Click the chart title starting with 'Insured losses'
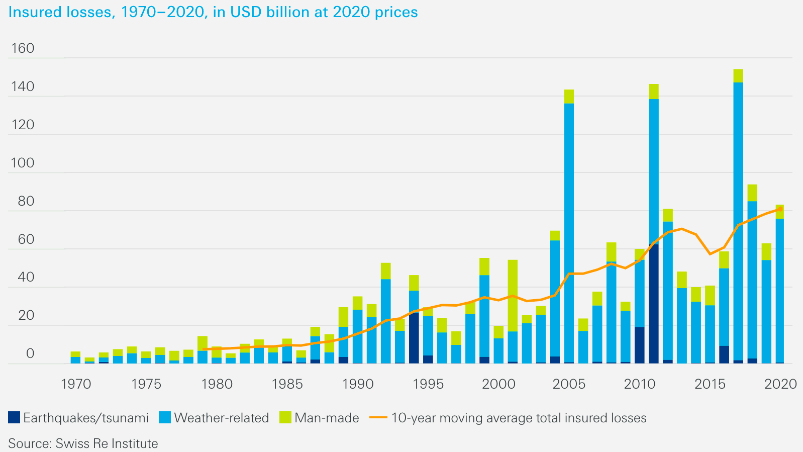(213, 12)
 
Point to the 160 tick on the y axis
(23, 48)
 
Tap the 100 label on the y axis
(23, 163)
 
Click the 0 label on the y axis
(30, 353)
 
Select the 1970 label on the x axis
(76, 384)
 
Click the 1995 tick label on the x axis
(428, 384)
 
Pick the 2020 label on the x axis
(780, 384)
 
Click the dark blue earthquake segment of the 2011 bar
(653, 302)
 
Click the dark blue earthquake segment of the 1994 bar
(414, 337)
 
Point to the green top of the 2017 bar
(738, 76)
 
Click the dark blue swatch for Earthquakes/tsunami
(14, 418)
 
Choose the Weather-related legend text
(221, 418)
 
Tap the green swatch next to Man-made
(285, 418)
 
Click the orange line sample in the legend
(379, 418)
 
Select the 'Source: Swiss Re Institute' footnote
(83, 443)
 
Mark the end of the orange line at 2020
(780, 209)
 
